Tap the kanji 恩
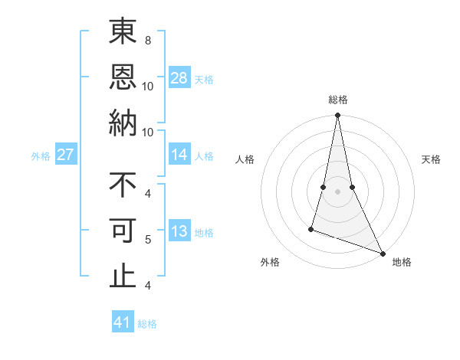tap(123, 77)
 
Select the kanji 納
tap(123, 123)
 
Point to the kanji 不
tap(123, 185)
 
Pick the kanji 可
tap(123, 231)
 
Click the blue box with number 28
tap(179, 78)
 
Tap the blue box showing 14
tap(179, 155)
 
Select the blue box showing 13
tap(179, 231)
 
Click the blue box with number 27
tap(66, 155)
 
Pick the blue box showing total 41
tap(123, 322)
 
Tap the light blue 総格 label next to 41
tap(147, 324)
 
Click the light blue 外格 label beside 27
tap(41, 156)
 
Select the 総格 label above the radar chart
tap(337, 100)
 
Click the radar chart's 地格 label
tap(402, 263)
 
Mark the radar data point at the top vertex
tap(337, 116)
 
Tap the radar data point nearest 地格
tap(383, 253)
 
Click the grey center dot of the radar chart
tap(337, 180)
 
